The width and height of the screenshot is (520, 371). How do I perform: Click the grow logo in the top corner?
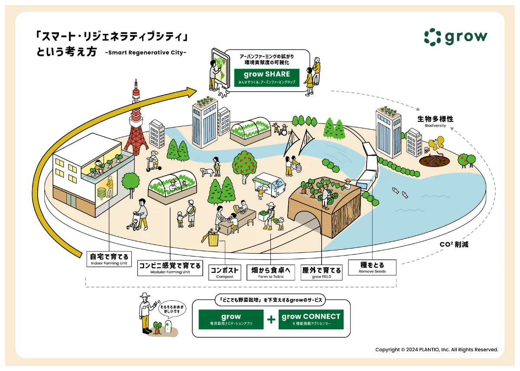455,37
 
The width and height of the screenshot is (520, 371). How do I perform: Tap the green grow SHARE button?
266,77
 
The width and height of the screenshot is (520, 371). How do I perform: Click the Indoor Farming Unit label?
109,259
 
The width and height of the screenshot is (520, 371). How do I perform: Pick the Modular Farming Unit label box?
170,268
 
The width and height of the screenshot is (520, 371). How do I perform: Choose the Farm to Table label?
270,273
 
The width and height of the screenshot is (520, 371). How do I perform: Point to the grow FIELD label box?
322,273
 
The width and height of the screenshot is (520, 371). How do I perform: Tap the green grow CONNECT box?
311,319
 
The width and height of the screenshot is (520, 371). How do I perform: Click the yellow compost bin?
213,239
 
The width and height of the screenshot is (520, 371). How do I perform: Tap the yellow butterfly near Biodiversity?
436,144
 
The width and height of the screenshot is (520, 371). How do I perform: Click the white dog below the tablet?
223,91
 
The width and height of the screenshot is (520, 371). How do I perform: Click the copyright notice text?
436,349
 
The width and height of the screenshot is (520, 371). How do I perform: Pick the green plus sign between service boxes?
271,320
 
